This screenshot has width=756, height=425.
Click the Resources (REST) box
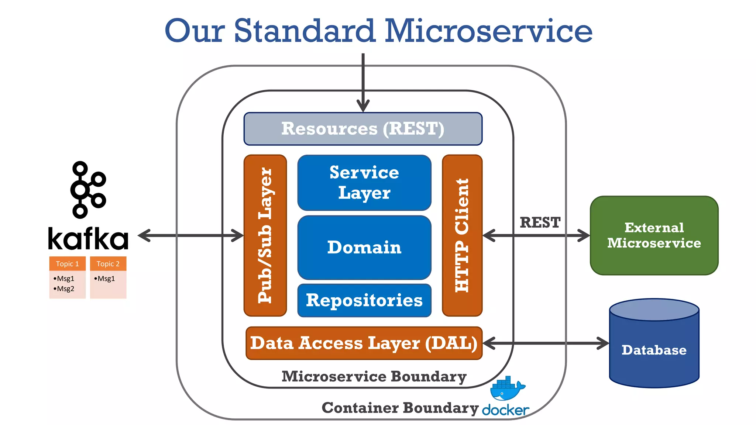(x=363, y=129)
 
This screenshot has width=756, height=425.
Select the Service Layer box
(x=364, y=183)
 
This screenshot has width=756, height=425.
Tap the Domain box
(x=364, y=247)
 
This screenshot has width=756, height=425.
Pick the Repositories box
(x=364, y=300)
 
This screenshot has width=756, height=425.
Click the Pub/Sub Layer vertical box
(x=265, y=235)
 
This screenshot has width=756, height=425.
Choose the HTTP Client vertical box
(x=462, y=235)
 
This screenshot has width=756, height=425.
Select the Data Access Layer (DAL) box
(x=364, y=343)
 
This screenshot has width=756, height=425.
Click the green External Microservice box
(x=654, y=235)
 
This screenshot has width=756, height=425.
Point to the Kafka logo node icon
(x=88, y=190)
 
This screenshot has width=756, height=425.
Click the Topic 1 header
(x=67, y=264)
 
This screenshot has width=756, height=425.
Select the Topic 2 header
(x=108, y=264)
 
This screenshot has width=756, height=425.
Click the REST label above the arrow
(x=540, y=222)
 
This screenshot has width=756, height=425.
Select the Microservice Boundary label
(x=374, y=377)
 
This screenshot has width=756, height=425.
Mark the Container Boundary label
(x=400, y=408)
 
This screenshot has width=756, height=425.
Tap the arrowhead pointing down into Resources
(x=363, y=106)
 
